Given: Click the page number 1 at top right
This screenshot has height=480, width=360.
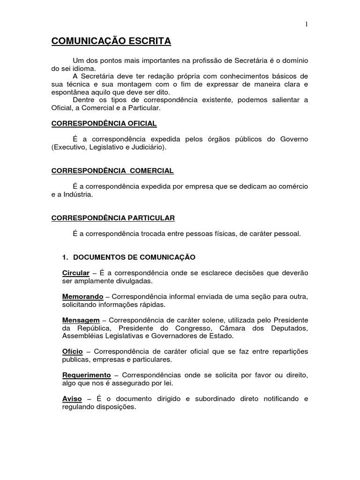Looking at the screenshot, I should pos(307,24).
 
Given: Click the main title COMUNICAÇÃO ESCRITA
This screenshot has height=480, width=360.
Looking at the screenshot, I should pos(111,42).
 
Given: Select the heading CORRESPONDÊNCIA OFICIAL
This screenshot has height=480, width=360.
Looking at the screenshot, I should pos(104,123).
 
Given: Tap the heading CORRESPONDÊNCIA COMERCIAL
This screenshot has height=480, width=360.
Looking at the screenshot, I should pos(112,171).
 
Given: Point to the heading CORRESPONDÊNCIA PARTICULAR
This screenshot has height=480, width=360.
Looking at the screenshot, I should pos(113,218).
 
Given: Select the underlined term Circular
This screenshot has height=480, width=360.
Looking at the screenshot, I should pos(75,273).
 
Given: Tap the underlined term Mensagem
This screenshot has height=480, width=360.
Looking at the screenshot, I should pos(81,320).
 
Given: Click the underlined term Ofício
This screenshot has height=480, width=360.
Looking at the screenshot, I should pos(73,352).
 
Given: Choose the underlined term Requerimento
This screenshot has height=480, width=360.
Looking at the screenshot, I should pos(86,375).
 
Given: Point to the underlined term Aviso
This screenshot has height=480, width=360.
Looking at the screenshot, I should pos(72,399).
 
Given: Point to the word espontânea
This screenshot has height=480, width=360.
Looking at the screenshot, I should pos(68,92).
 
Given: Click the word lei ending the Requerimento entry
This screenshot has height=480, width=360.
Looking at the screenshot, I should pos(168,383).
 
